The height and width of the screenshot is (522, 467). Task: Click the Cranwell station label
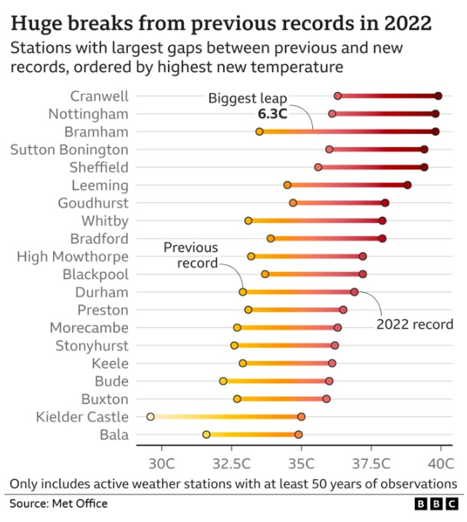pyautogui.click(x=99, y=96)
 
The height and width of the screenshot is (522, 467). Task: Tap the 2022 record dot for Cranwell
pyautogui.click(x=438, y=96)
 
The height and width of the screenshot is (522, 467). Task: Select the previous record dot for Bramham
pyautogui.click(x=259, y=132)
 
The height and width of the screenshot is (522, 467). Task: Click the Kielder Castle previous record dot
pyautogui.click(x=150, y=417)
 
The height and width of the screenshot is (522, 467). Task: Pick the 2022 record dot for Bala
pyautogui.click(x=298, y=435)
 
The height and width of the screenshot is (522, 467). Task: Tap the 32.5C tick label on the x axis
pyautogui.click(x=232, y=464)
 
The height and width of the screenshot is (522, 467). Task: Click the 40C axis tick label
pyautogui.click(x=441, y=464)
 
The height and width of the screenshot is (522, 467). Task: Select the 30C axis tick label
pyautogui.click(x=161, y=464)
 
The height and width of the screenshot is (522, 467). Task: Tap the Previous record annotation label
pyautogui.click(x=191, y=255)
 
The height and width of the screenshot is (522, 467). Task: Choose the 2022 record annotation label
pyautogui.click(x=415, y=324)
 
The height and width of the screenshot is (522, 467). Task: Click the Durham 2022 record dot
pyautogui.click(x=354, y=292)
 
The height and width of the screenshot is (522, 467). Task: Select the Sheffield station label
pyautogui.click(x=100, y=167)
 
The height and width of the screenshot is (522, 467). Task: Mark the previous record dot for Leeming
pyautogui.click(x=288, y=185)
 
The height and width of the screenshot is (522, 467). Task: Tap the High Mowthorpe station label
pyautogui.click(x=73, y=256)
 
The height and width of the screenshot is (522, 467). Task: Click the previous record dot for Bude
pyautogui.click(x=223, y=381)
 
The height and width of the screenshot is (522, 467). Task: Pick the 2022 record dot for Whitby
pyautogui.click(x=382, y=221)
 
